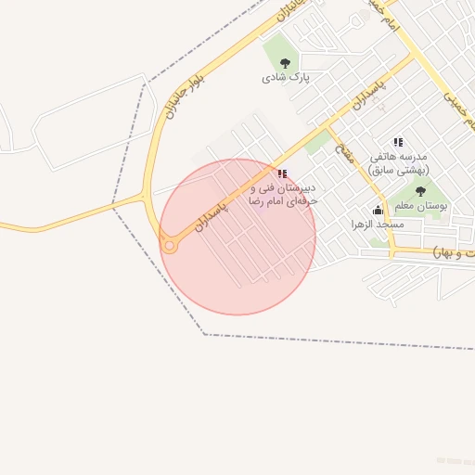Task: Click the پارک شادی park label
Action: [285, 78]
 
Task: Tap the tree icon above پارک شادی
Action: [285, 63]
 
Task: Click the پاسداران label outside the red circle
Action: [366, 90]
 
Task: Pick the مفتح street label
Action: [344, 154]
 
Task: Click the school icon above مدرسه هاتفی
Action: [399, 143]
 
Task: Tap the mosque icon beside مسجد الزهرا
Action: [378, 210]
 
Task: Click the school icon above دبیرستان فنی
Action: [282, 173]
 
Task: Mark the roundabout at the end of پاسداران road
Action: [169, 246]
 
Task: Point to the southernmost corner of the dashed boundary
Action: [205, 334]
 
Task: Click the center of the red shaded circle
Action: [237, 237]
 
